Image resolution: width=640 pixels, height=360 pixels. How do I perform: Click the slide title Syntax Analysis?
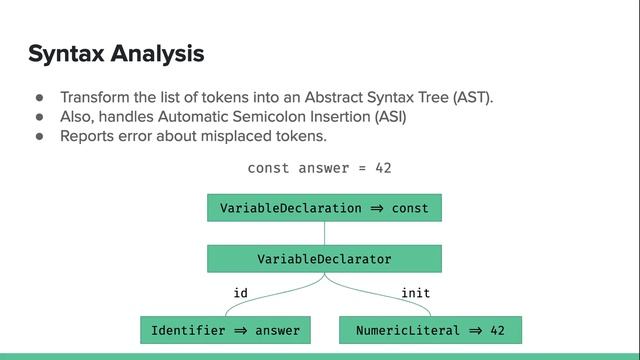(116, 53)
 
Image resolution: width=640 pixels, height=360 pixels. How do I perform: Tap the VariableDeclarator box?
(324, 259)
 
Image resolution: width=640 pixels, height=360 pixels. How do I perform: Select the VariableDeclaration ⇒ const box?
(324, 208)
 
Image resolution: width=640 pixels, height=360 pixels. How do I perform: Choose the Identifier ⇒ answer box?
(225, 330)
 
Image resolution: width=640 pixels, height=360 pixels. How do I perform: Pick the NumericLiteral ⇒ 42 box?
(431, 330)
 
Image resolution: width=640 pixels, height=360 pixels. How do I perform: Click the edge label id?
(240, 293)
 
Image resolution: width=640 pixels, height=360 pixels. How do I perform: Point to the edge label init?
(416, 293)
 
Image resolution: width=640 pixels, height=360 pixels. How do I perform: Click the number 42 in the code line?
(383, 168)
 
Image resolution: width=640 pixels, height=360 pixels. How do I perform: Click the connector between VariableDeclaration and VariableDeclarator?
(324, 233)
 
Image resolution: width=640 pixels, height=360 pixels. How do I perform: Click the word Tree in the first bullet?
(431, 98)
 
